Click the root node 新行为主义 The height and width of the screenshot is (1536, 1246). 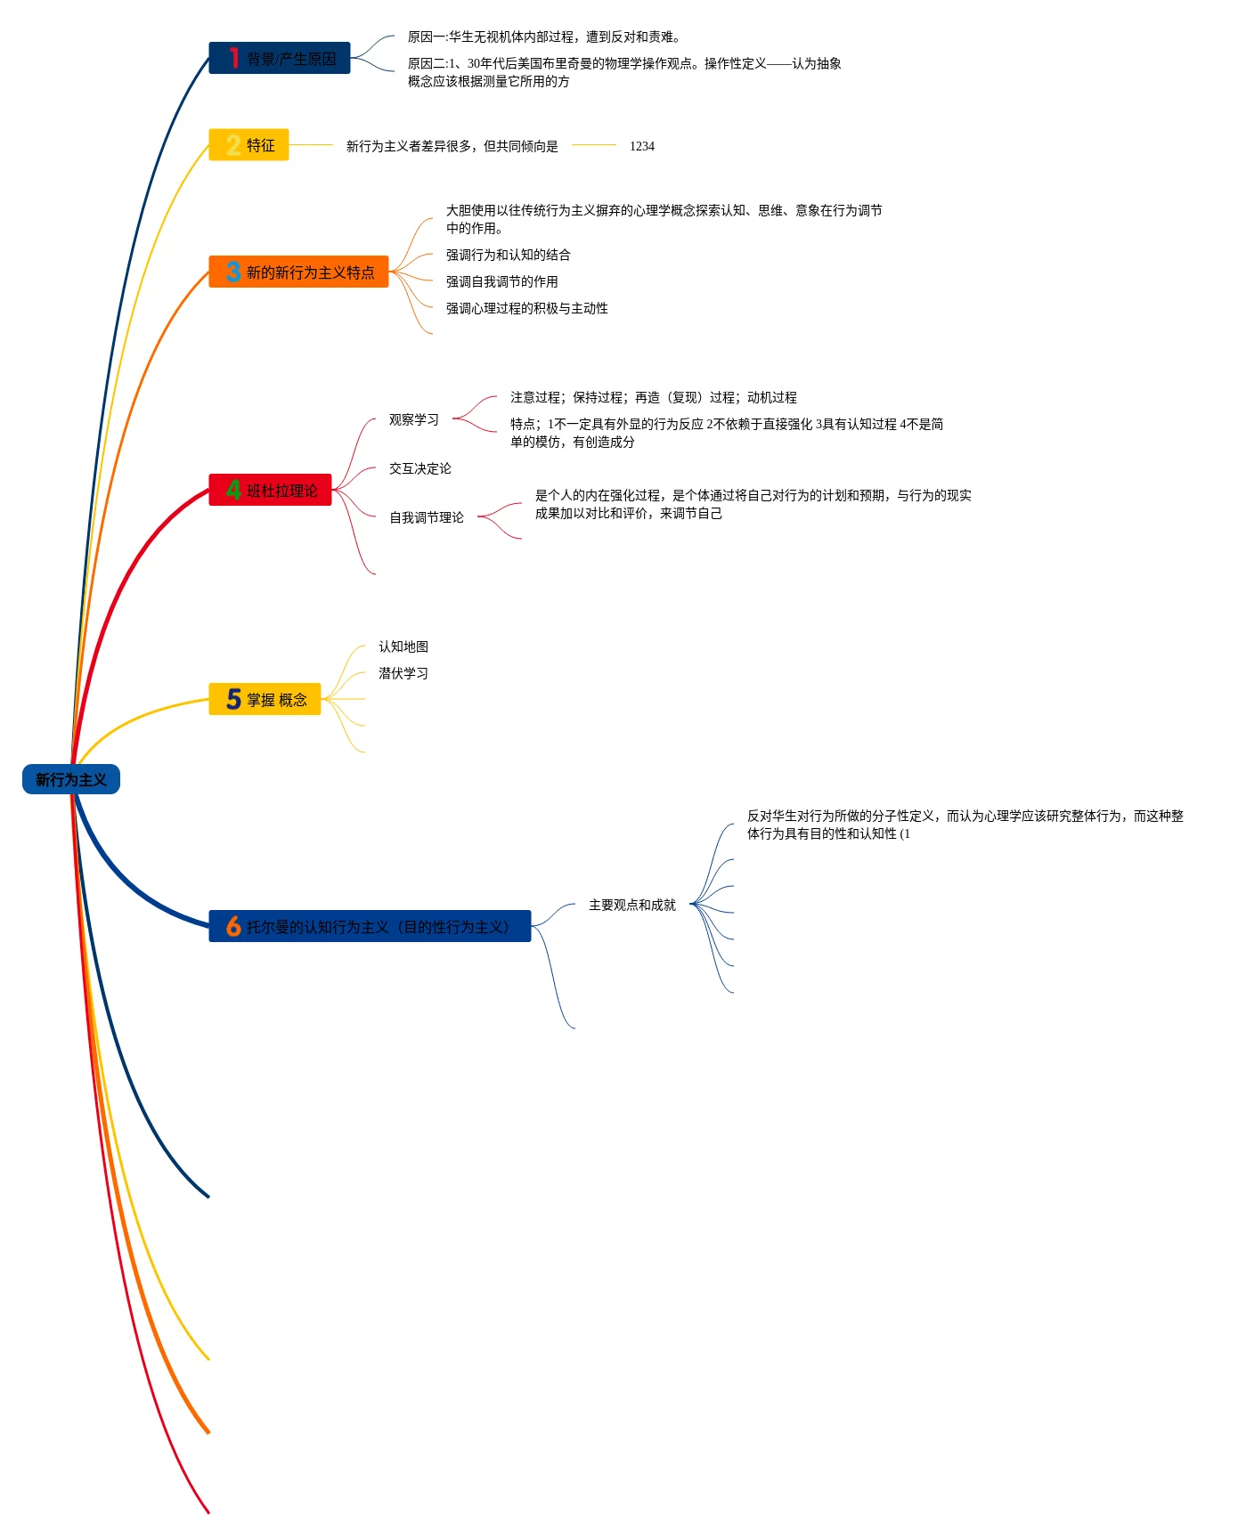(71, 779)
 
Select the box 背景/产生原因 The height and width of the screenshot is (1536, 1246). (280, 58)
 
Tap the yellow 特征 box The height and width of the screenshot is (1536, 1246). (248, 144)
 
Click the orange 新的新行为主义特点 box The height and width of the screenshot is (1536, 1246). (298, 272)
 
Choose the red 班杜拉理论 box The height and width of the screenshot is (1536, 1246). (270, 490)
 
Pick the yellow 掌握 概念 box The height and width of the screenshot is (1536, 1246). (265, 699)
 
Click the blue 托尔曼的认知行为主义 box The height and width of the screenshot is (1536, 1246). (370, 926)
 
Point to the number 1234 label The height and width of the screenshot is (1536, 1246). (642, 146)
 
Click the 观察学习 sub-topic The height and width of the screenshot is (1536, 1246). (414, 419)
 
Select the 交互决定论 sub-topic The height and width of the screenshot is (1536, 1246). (420, 468)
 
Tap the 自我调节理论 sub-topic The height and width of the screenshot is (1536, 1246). (427, 517)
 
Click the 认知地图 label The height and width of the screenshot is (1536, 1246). (403, 646)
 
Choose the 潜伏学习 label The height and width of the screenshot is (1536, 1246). (403, 673)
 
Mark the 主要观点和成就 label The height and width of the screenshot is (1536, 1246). (632, 905)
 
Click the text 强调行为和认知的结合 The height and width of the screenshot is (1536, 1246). (509, 255)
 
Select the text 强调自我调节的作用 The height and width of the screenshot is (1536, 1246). (502, 281)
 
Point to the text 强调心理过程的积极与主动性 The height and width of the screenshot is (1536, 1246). (527, 308)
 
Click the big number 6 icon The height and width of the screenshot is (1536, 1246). (233, 926)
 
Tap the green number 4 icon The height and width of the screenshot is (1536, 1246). (233, 490)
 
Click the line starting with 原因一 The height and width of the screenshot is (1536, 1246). (544, 37)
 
